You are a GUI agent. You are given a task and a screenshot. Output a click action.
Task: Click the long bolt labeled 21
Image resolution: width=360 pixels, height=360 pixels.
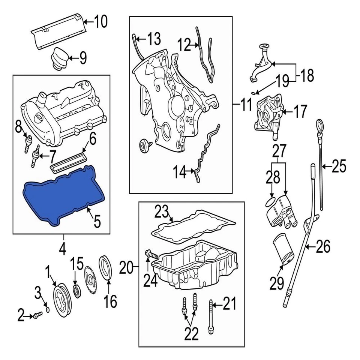[211, 315]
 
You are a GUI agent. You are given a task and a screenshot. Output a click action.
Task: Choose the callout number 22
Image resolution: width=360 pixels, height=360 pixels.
[191, 333]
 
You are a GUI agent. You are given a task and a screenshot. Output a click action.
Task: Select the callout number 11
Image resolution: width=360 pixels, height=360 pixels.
[246, 105]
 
